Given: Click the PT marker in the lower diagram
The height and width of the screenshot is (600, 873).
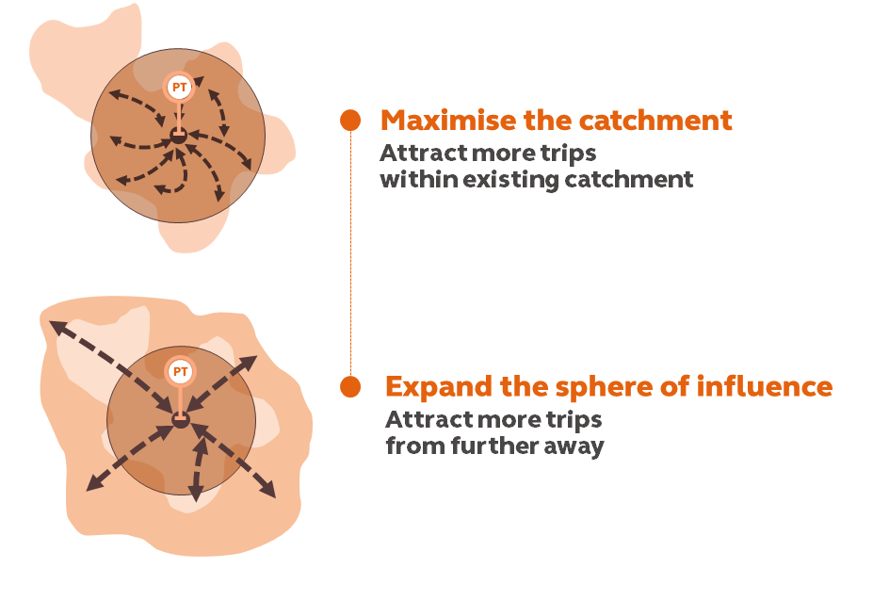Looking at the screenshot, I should (179, 370).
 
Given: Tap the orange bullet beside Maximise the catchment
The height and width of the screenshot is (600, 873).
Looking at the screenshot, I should (350, 121).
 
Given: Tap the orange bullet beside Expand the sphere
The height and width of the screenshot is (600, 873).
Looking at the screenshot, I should (350, 386).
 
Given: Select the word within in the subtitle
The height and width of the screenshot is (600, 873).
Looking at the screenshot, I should (412, 179).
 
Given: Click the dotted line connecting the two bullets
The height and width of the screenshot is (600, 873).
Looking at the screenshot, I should (350, 254).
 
